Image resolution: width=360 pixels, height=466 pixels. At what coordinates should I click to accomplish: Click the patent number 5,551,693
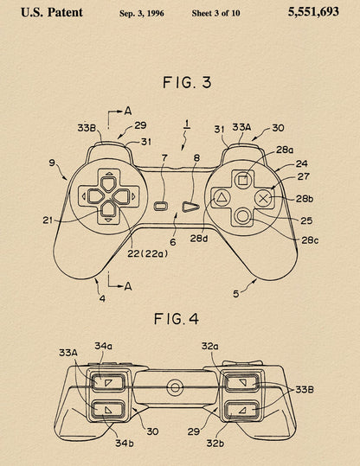click(313, 12)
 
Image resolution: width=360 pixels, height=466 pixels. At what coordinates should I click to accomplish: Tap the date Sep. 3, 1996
click(142, 13)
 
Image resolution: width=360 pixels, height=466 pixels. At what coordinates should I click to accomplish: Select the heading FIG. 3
click(187, 82)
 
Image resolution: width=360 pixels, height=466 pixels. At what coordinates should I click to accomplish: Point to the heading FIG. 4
click(177, 319)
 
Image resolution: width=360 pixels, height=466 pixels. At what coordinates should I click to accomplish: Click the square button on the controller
click(243, 180)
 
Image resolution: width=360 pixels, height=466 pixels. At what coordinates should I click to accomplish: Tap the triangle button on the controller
click(221, 197)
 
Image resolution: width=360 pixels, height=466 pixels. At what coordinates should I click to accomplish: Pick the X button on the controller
click(263, 198)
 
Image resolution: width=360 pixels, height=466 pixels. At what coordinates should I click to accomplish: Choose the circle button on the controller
click(242, 216)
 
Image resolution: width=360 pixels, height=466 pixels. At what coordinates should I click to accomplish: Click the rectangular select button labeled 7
click(161, 206)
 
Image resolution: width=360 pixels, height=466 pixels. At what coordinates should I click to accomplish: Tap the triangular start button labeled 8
click(190, 207)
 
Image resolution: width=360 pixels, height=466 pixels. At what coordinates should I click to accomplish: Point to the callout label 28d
click(199, 239)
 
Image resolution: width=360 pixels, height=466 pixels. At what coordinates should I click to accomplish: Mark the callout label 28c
click(310, 240)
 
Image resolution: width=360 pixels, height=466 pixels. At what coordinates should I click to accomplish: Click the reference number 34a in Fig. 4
click(103, 346)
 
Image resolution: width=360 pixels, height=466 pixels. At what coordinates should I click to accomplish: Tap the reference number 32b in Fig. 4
click(215, 444)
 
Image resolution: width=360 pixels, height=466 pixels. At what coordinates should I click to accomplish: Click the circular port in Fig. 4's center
click(175, 388)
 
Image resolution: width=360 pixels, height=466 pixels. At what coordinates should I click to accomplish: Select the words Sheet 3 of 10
click(215, 13)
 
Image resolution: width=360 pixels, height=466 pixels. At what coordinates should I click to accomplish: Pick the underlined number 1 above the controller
click(187, 124)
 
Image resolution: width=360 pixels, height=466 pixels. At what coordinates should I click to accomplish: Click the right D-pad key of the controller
click(122, 196)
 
